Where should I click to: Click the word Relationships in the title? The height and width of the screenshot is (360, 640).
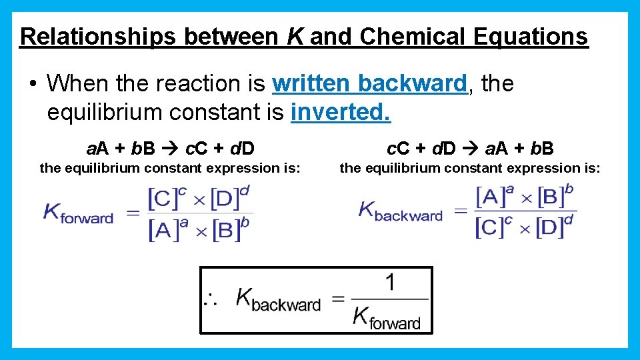click(97, 36)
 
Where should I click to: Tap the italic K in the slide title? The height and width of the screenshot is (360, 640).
click(295, 36)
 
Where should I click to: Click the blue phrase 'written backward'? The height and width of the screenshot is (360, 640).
click(369, 84)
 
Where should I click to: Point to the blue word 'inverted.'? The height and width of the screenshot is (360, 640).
click(341, 113)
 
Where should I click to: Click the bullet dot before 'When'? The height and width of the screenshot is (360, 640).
click(32, 85)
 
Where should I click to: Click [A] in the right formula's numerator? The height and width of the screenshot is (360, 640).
click(490, 197)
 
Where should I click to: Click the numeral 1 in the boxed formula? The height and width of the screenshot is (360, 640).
click(389, 283)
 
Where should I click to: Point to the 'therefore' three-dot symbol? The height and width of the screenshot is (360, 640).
click(211, 299)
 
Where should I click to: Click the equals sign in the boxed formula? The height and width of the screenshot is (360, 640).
click(338, 299)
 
